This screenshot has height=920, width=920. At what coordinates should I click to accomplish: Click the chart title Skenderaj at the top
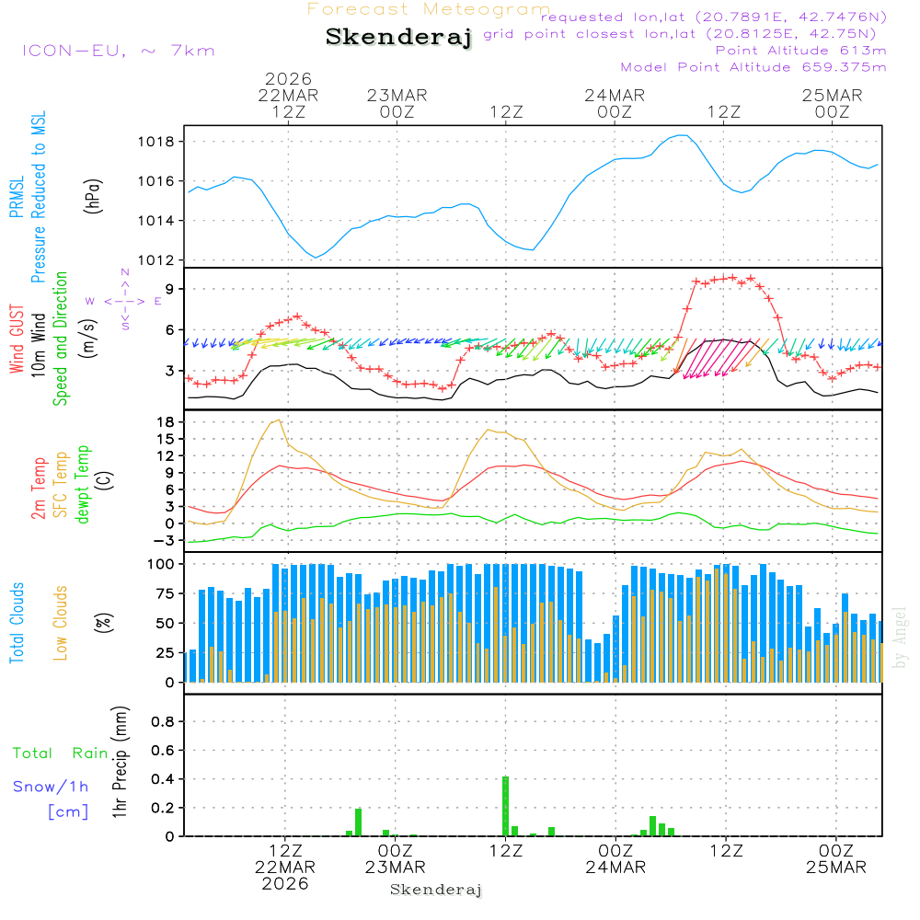(x=398, y=37)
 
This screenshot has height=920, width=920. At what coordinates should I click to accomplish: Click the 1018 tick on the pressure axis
(x=157, y=142)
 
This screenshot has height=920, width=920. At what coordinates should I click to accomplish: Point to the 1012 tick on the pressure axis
(x=157, y=260)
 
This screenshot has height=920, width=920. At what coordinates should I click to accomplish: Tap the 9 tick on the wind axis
(x=170, y=289)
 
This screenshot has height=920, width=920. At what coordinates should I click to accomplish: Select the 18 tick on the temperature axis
(x=167, y=421)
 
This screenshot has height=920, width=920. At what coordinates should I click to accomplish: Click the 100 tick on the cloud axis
(x=162, y=563)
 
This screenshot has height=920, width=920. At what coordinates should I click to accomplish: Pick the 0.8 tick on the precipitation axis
(x=163, y=722)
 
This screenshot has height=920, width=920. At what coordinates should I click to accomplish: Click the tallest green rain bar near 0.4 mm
(x=505, y=805)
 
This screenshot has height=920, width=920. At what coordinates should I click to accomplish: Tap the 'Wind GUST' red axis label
(x=17, y=339)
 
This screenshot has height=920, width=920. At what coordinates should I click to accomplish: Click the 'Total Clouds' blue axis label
(x=17, y=623)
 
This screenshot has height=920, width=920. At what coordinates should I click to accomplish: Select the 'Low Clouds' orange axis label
(x=61, y=623)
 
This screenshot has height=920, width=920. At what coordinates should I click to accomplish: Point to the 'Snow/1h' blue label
(x=51, y=787)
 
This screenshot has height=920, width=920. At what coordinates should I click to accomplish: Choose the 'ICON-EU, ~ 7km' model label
(x=118, y=51)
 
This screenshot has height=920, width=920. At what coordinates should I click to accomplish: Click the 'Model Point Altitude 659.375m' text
(x=753, y=67)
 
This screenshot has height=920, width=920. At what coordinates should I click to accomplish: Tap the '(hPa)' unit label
(x=92, y=194)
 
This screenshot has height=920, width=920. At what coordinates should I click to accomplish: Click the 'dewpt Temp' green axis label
(x=84, y=485)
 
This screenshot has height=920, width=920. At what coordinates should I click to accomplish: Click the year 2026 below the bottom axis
(x=285, y=884)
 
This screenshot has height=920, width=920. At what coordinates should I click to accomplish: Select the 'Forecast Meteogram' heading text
(x=429, y=9)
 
